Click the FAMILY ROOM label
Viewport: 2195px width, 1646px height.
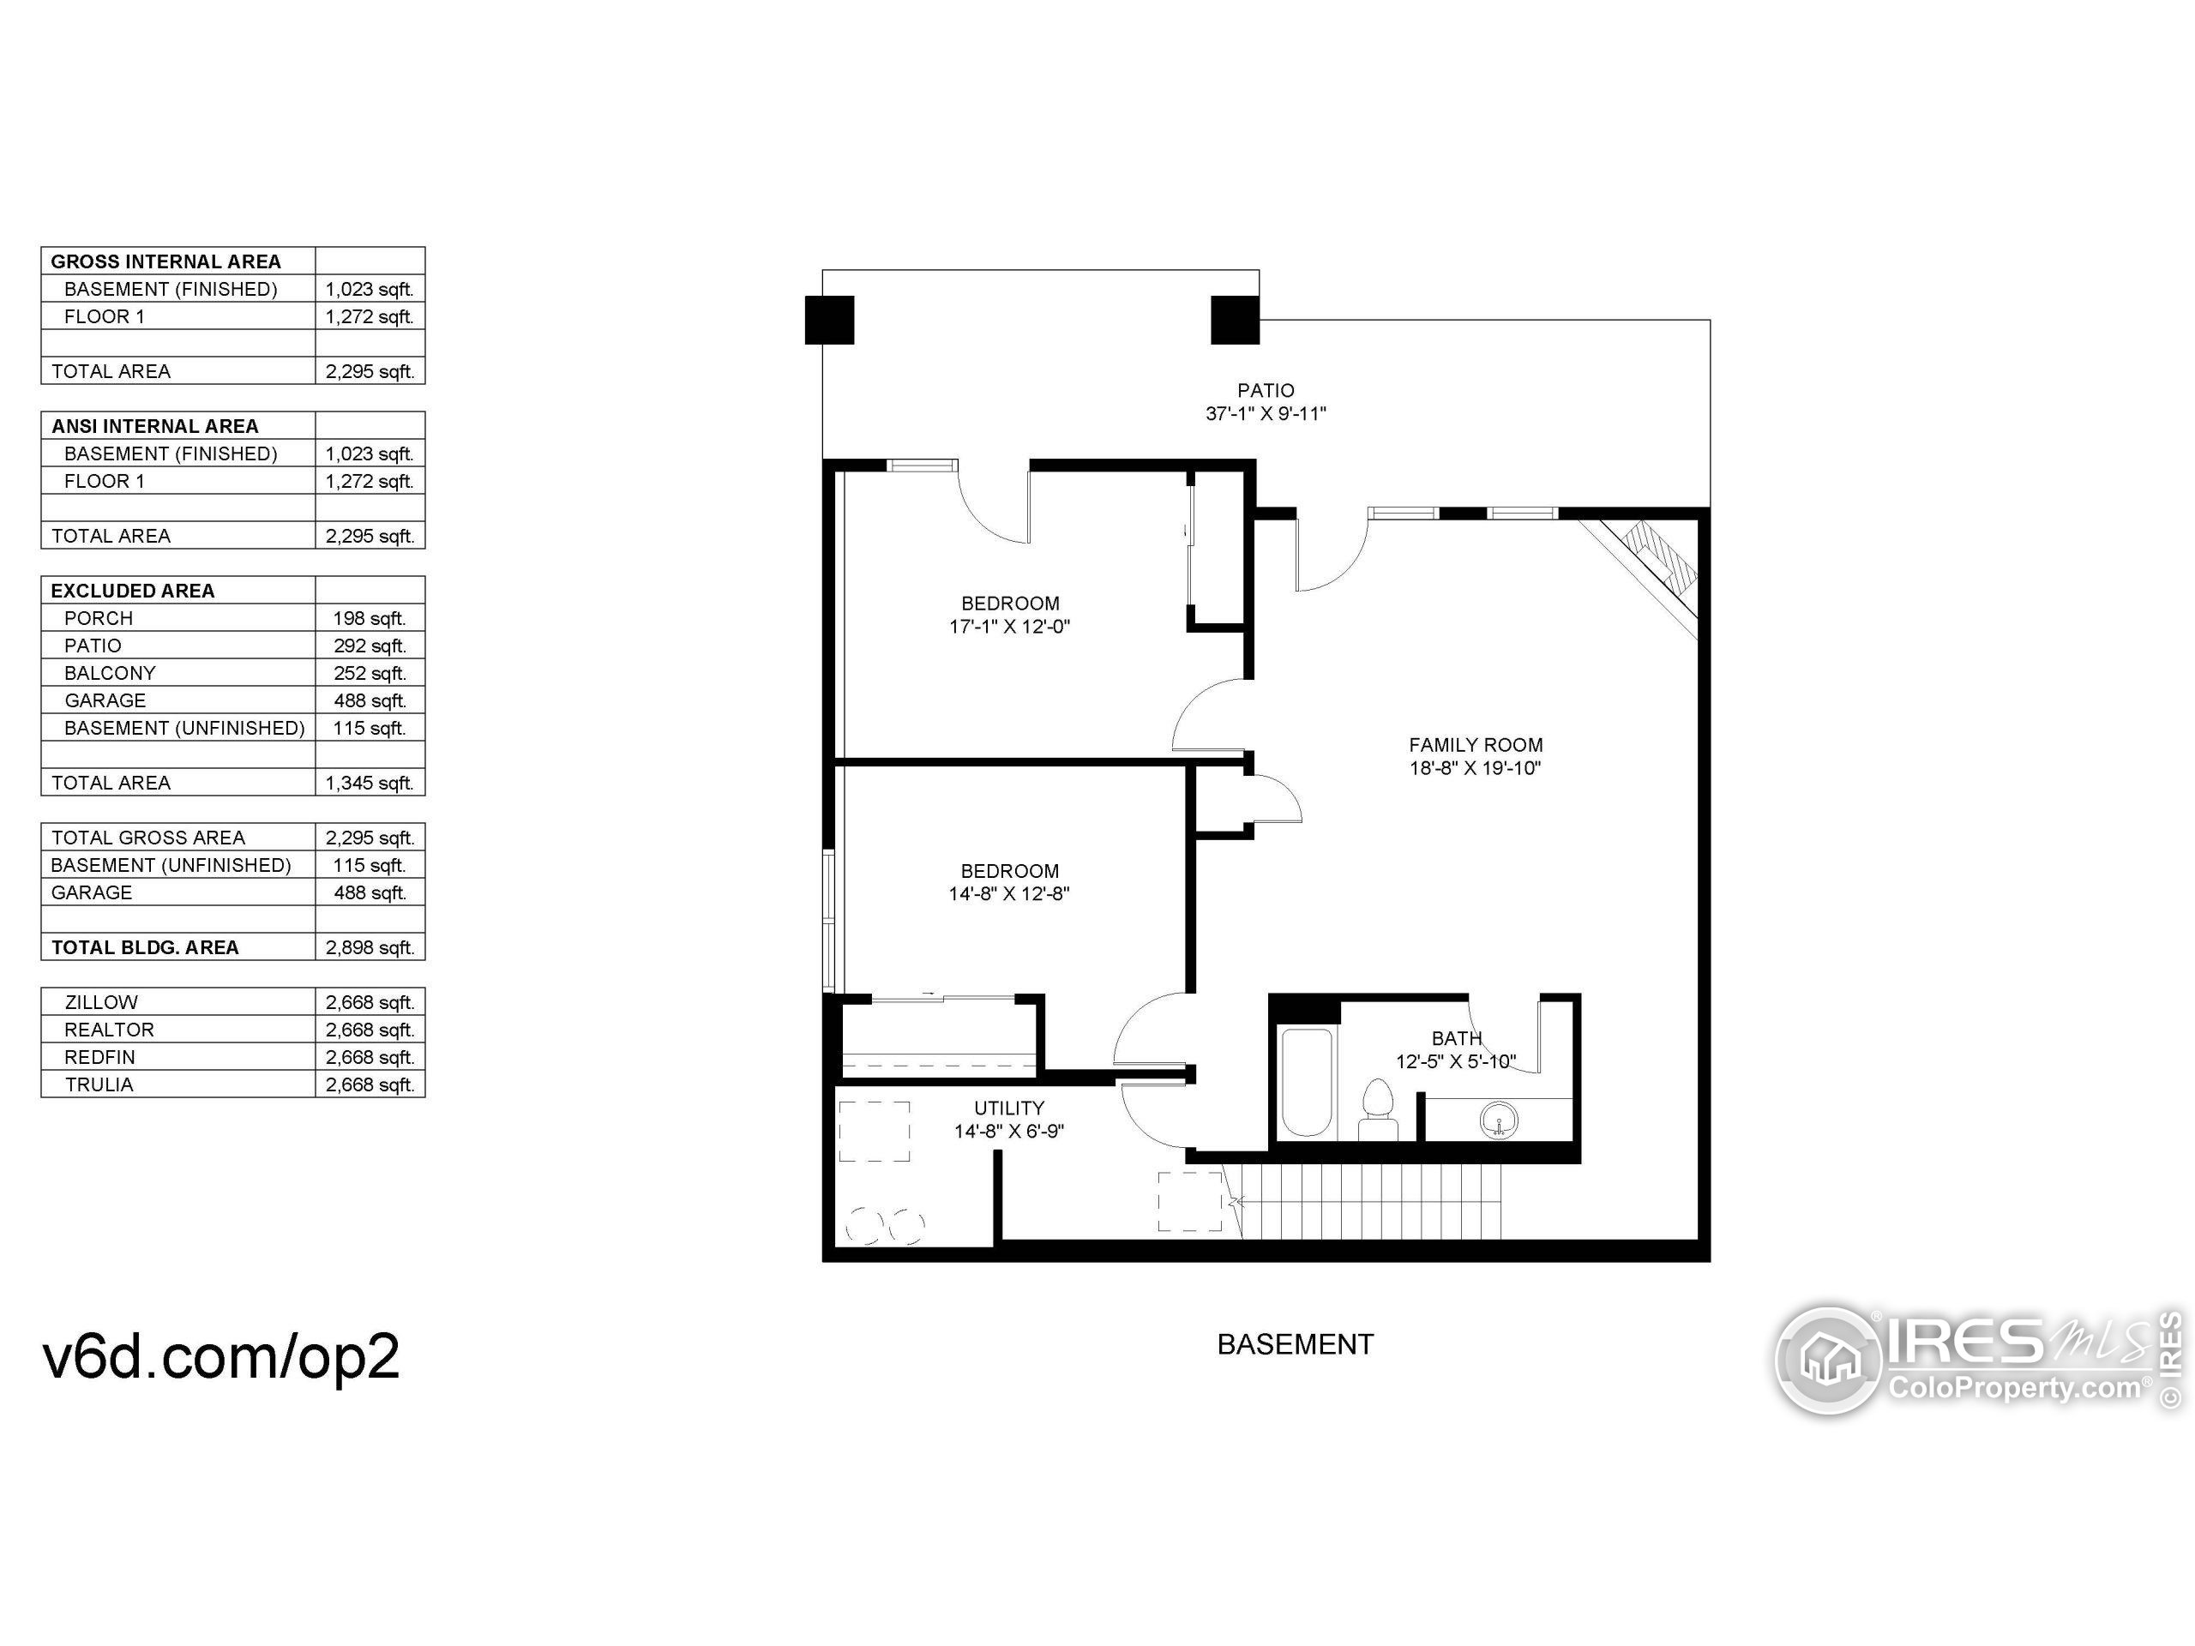point(1475,744)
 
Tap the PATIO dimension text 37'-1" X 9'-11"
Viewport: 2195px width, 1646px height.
point(1266,414)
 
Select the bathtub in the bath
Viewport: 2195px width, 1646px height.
point(1306,1083)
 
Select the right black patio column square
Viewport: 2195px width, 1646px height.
point(1235,320)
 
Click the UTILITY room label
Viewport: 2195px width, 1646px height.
point(1008,1108)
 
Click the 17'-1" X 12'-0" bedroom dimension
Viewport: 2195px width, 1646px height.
point(1009,626)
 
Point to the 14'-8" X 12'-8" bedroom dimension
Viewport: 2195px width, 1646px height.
point(1008,893)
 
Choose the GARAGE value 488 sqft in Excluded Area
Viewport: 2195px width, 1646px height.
point(370,700)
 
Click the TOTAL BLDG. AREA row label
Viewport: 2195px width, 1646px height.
point(145,947)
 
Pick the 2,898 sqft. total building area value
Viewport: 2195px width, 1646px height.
point(370,947)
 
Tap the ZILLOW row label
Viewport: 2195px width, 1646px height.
point(101,1002)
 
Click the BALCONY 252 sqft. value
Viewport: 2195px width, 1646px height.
point(370,673)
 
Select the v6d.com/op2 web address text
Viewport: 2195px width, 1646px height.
point(220,1355)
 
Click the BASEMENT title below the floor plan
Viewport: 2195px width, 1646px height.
point(1295,1344)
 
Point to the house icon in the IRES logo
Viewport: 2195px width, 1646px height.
point(1828,1360)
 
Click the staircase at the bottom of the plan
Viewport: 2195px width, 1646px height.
point(1369,1202)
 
